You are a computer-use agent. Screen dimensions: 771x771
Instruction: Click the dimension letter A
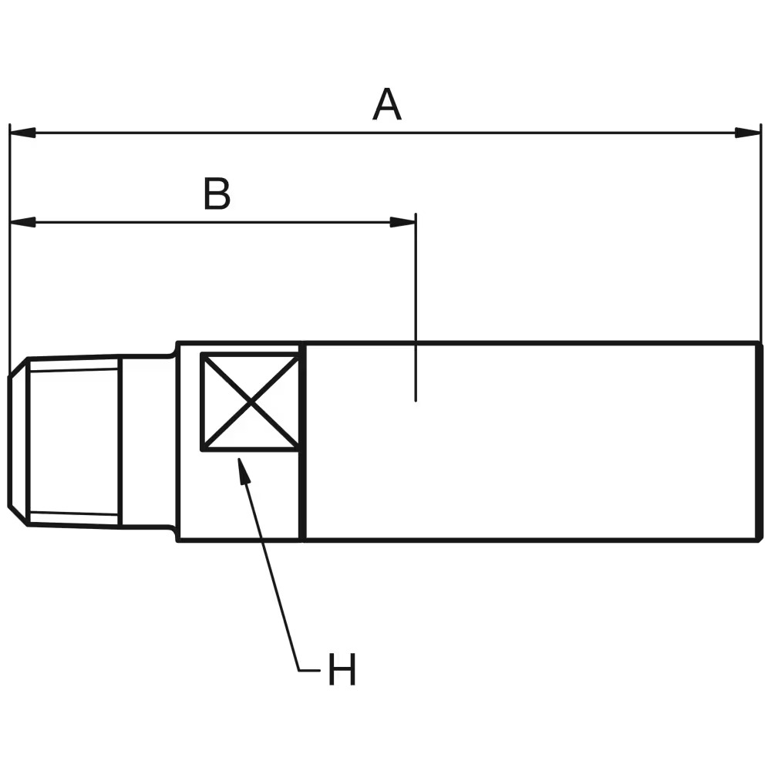[387, 104]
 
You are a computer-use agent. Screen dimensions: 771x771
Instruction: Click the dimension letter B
[217, 194]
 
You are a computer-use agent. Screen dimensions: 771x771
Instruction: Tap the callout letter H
[342, 669]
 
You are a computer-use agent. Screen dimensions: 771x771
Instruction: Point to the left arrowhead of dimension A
[22, 133]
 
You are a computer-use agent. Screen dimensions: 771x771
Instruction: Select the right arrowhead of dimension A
[747, 133]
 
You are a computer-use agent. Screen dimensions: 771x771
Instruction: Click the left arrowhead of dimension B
[22, 222]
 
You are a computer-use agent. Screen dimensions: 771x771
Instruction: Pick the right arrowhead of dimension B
[402, 222]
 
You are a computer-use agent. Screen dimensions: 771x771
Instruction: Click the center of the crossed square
[251, 402]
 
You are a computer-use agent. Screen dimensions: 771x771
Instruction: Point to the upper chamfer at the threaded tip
[19, 367]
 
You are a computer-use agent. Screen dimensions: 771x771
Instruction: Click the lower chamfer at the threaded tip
[19, 516]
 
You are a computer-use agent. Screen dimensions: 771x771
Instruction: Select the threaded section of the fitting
[74, 442]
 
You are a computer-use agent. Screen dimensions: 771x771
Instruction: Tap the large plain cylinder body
[533, 442]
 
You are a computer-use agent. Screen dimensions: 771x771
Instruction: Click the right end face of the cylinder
[759, 442]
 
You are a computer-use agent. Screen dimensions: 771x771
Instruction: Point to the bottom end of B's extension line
[416, 401]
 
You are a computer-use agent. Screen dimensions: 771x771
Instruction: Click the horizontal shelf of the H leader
[309, 670]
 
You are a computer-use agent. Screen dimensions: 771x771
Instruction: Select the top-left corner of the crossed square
[201, 354]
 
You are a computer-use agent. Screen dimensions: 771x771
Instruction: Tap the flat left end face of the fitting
[9, 441]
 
